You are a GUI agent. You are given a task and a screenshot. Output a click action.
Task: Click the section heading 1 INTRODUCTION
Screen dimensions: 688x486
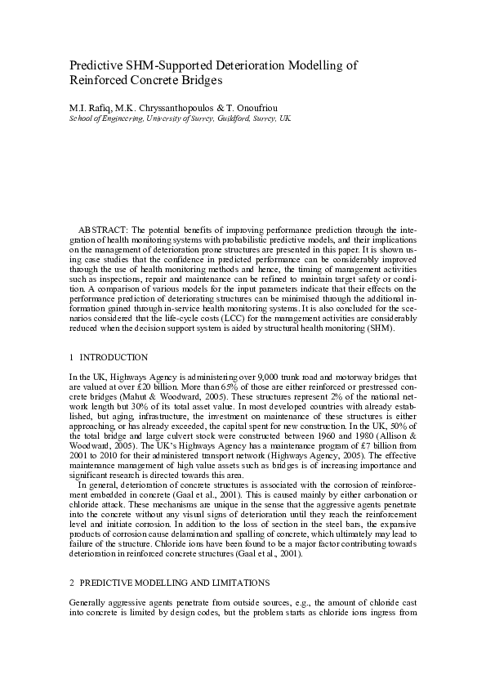click(109, 357)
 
